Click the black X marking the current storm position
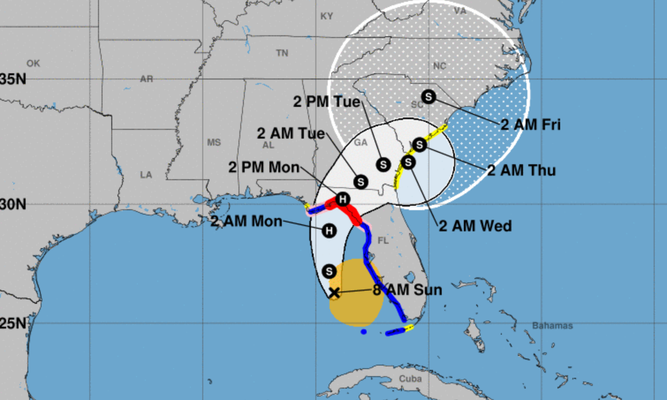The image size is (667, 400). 334,292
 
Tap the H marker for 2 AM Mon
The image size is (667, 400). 329,230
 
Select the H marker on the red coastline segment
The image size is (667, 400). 343,199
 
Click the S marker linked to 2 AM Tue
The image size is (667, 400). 361,181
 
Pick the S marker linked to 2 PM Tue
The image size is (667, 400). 383,165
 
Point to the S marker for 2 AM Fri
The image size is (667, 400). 428,96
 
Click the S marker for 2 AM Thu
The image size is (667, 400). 419,144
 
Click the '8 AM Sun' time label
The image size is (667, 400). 407,290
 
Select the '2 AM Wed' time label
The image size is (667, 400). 475,226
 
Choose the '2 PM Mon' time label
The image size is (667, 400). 264,167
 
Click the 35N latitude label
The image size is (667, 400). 13,79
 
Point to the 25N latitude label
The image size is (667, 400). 13,323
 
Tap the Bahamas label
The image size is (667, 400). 552,326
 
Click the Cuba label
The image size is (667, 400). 410,379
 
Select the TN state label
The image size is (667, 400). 282,53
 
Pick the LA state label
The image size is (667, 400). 146,175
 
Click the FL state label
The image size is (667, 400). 383,240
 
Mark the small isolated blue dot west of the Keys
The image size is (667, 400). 364,332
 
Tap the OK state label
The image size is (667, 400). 33,64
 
